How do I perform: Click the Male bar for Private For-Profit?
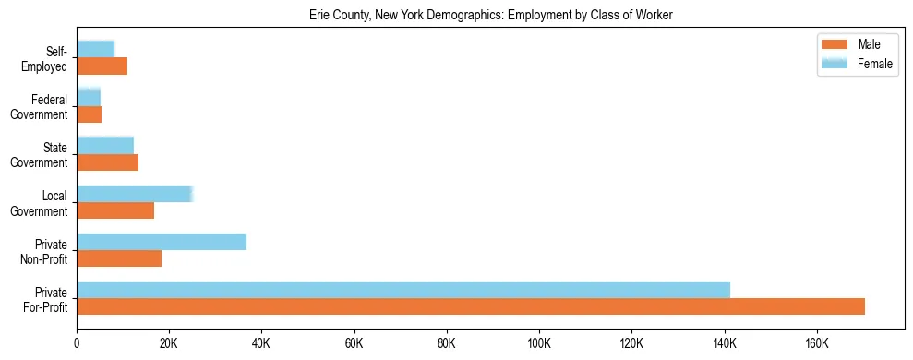[471, 306]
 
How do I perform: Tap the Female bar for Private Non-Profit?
[162, 242]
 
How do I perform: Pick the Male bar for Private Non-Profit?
[119, 258]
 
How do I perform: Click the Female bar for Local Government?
[135, 194]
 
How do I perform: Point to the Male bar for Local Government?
[115, 210]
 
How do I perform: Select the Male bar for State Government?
[107, 162]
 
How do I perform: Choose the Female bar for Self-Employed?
[95, 49]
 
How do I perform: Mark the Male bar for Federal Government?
[89, 114]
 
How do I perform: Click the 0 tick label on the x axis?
[77, 343]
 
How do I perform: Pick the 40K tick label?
[261, 343]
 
